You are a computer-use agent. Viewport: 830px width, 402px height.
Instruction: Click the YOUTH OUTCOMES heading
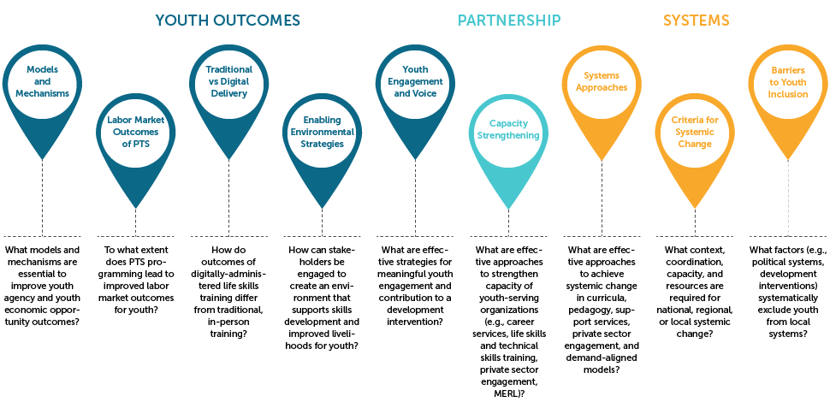[228, 20]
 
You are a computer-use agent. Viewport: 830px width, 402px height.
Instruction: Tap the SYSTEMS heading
[696, 20]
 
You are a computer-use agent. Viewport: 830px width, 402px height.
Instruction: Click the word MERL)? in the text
[509, 394]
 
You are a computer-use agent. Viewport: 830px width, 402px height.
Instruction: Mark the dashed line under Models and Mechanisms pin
[41, 188]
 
